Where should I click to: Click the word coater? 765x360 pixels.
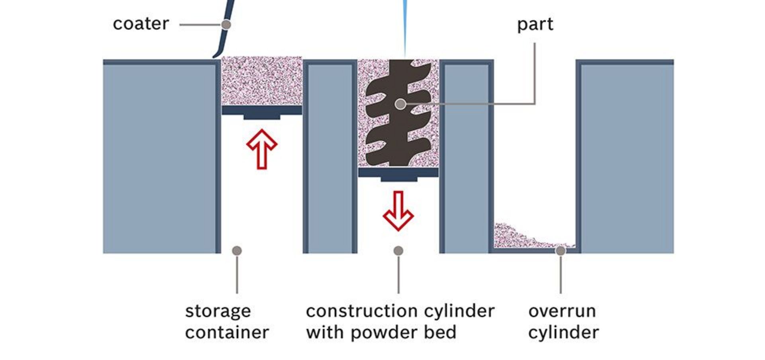click(141, 24)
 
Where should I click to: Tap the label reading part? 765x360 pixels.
click(535, 25)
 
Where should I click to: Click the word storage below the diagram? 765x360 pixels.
click(218, 311)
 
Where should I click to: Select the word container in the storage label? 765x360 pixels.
click(227, 333)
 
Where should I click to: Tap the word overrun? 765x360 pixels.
click(562, 311)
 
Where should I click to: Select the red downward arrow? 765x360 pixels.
click(398, 211)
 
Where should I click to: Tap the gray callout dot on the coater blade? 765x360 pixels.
click(226, 25)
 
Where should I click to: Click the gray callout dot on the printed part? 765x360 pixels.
click(400, 104)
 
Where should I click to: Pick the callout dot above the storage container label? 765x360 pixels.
click(237, 250)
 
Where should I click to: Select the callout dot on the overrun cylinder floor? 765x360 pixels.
click(561, 250)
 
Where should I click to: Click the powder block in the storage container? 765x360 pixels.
click(262, 81)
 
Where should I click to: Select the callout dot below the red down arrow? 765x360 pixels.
click(398, 250)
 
